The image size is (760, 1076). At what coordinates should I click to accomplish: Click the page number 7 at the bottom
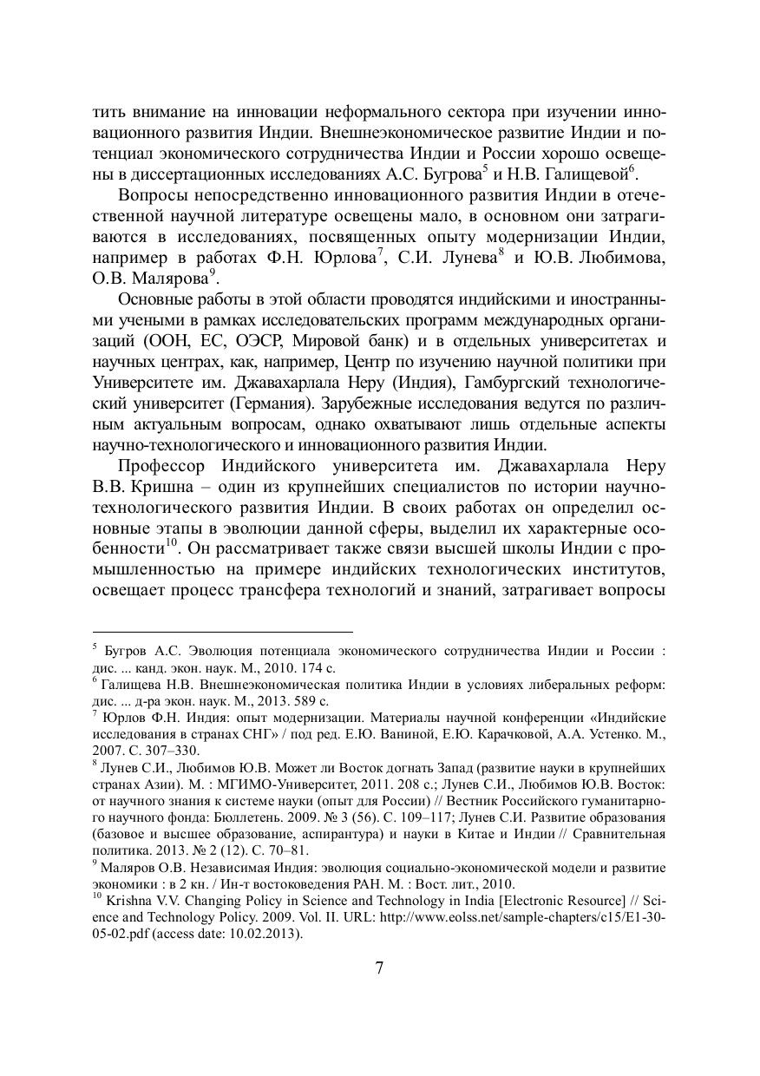(x=379, y=968)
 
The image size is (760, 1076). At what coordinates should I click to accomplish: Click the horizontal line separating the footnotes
(x=222, y=632)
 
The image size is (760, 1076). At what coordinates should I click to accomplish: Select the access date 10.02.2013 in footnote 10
(x=265, y=934)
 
